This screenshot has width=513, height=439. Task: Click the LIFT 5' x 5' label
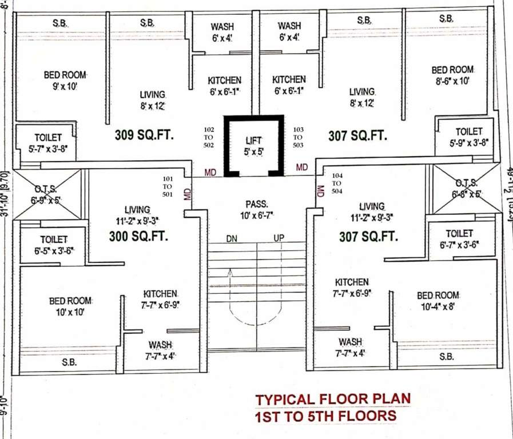point(253,146)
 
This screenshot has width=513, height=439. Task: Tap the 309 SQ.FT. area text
point(144,135)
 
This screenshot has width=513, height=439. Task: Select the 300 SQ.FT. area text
point(138,236)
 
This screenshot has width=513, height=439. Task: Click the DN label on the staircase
point(232,238)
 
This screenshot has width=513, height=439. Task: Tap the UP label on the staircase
point(279,238)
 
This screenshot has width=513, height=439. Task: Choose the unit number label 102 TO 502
point(208,137)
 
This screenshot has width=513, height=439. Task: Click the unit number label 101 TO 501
point(167,186)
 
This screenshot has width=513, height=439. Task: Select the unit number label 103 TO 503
point(298,137)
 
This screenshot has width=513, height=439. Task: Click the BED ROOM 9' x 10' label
point(65,81)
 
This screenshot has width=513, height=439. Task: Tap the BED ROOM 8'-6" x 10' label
point(452,75)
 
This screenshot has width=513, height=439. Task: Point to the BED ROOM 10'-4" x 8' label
point(438,301)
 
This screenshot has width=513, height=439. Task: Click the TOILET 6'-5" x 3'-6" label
point(54,245)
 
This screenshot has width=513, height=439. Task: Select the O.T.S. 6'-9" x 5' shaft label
point(45,195)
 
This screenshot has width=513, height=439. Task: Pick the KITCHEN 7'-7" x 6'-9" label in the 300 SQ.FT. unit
point(160,299)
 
